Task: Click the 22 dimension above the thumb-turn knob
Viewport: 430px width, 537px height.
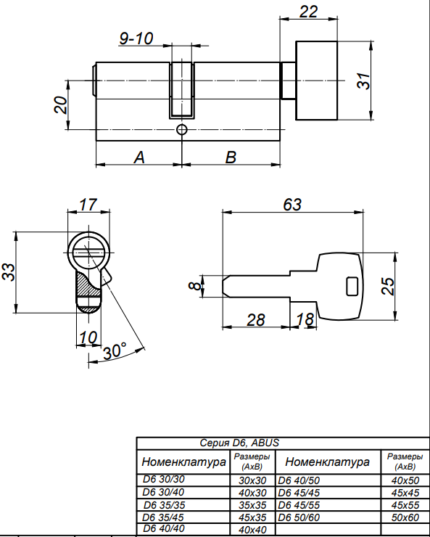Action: (x=308, y=12)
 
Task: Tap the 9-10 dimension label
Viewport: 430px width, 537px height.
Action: (x=136, y=38)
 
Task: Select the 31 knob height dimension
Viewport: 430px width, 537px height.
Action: (x=363, y=81)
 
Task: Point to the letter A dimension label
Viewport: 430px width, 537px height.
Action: (x=139, y=157)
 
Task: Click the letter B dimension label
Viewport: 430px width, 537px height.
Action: (x=231, y=157)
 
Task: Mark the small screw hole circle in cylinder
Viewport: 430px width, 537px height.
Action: (x=182, y=130)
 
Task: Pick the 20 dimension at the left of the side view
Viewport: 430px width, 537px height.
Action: (x=61, y=104)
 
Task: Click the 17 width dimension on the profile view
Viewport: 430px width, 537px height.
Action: (x=88, y=205)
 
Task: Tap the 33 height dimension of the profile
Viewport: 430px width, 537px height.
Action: (x=9, y=272)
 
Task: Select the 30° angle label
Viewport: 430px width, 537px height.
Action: (x=115, y=351)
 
